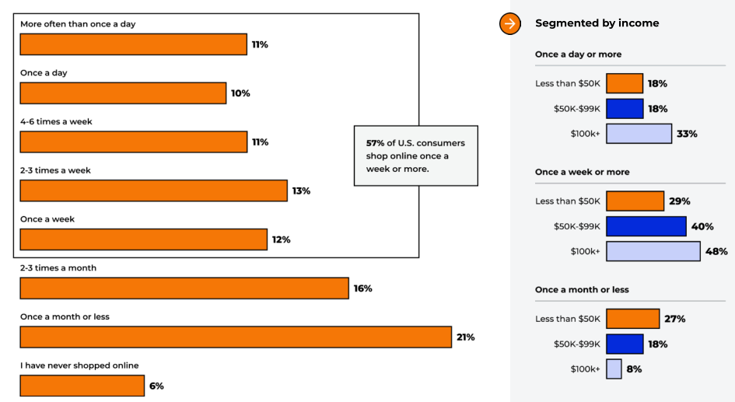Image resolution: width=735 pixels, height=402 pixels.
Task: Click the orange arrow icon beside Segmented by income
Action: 509,23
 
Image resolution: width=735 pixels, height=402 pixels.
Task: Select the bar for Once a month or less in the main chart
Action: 236,337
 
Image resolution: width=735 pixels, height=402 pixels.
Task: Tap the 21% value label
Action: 466,337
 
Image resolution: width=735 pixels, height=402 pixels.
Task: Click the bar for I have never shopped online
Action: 82,386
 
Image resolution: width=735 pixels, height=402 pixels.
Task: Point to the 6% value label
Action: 156,386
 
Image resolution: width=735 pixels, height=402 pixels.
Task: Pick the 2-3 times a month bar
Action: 184,288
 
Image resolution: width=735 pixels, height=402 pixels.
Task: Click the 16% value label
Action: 363,288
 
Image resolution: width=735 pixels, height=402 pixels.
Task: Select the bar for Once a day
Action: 123,93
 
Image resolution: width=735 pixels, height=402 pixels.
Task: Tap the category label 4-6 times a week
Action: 57,122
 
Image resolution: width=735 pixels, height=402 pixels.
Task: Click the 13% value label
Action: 301,191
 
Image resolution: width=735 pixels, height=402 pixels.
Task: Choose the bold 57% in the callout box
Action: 375,143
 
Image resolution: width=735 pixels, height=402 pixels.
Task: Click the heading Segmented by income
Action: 597,23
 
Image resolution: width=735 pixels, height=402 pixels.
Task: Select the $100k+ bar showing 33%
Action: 639,134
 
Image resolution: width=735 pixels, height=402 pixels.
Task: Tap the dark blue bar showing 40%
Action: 646,226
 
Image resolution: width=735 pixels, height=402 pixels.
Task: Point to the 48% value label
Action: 716,251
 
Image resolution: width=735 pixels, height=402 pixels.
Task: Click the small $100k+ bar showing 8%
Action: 614,369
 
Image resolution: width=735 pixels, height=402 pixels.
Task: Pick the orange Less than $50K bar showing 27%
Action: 632,319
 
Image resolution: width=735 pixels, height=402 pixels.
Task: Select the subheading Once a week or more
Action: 582,172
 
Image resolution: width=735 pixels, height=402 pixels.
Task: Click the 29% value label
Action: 678,201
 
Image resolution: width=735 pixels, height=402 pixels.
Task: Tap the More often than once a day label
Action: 78,24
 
